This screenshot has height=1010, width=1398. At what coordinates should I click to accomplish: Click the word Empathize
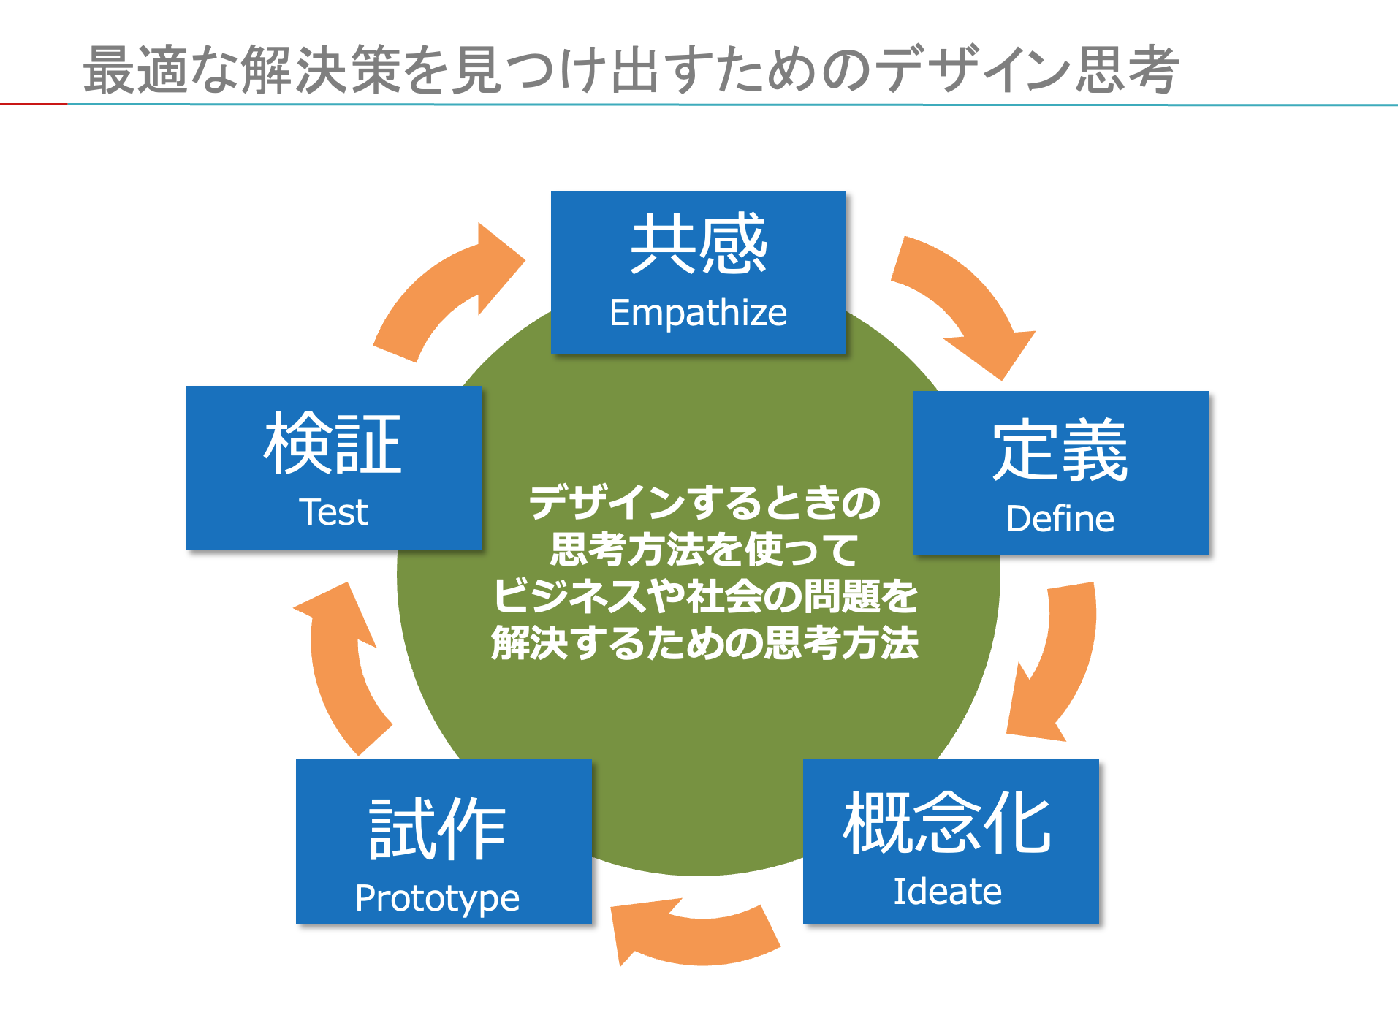click(698, 313)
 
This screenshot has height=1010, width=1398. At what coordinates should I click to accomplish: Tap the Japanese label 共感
click(699, 244)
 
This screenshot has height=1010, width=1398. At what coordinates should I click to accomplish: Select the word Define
click(1060, 519)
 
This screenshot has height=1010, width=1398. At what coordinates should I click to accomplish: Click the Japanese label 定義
click(1060, 450)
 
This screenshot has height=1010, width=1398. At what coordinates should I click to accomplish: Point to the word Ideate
click(948, 892)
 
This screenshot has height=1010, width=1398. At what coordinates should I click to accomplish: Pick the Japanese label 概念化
click(948, 824)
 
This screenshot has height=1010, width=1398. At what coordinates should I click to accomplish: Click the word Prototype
click(437, 898)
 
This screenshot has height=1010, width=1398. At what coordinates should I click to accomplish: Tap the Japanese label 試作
click(437, 829)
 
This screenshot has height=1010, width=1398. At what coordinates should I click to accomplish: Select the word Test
click(333, 512)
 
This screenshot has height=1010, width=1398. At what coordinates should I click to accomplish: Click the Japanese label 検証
click(333, 444)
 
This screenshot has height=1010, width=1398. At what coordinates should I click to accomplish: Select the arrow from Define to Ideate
click(1056, 665)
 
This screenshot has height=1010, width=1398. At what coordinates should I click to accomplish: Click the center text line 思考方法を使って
click(704, 550)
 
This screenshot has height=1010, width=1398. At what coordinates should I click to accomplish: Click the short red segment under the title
click(33, 105)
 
